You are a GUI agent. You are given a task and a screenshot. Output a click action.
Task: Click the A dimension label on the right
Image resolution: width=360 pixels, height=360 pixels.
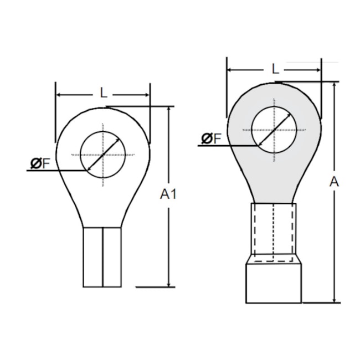[334, 181]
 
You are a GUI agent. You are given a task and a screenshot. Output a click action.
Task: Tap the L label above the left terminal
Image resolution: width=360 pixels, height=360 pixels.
[103, 93]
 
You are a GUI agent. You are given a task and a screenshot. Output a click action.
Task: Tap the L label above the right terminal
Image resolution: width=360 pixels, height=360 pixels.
[275, 69]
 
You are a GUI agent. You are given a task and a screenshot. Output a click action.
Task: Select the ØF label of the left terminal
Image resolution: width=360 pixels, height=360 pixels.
[40, 163]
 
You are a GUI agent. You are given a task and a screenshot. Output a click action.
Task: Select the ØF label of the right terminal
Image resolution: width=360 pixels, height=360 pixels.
[211, 138]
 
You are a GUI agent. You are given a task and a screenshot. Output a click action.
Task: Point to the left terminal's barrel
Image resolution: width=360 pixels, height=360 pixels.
[102, 258]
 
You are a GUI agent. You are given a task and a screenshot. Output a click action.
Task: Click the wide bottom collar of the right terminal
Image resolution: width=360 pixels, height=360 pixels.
[274, 283]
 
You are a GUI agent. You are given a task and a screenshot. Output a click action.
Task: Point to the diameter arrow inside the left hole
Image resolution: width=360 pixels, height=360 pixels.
[103, 155]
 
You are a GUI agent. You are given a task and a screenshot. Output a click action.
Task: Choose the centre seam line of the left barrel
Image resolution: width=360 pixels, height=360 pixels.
[102, 258]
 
